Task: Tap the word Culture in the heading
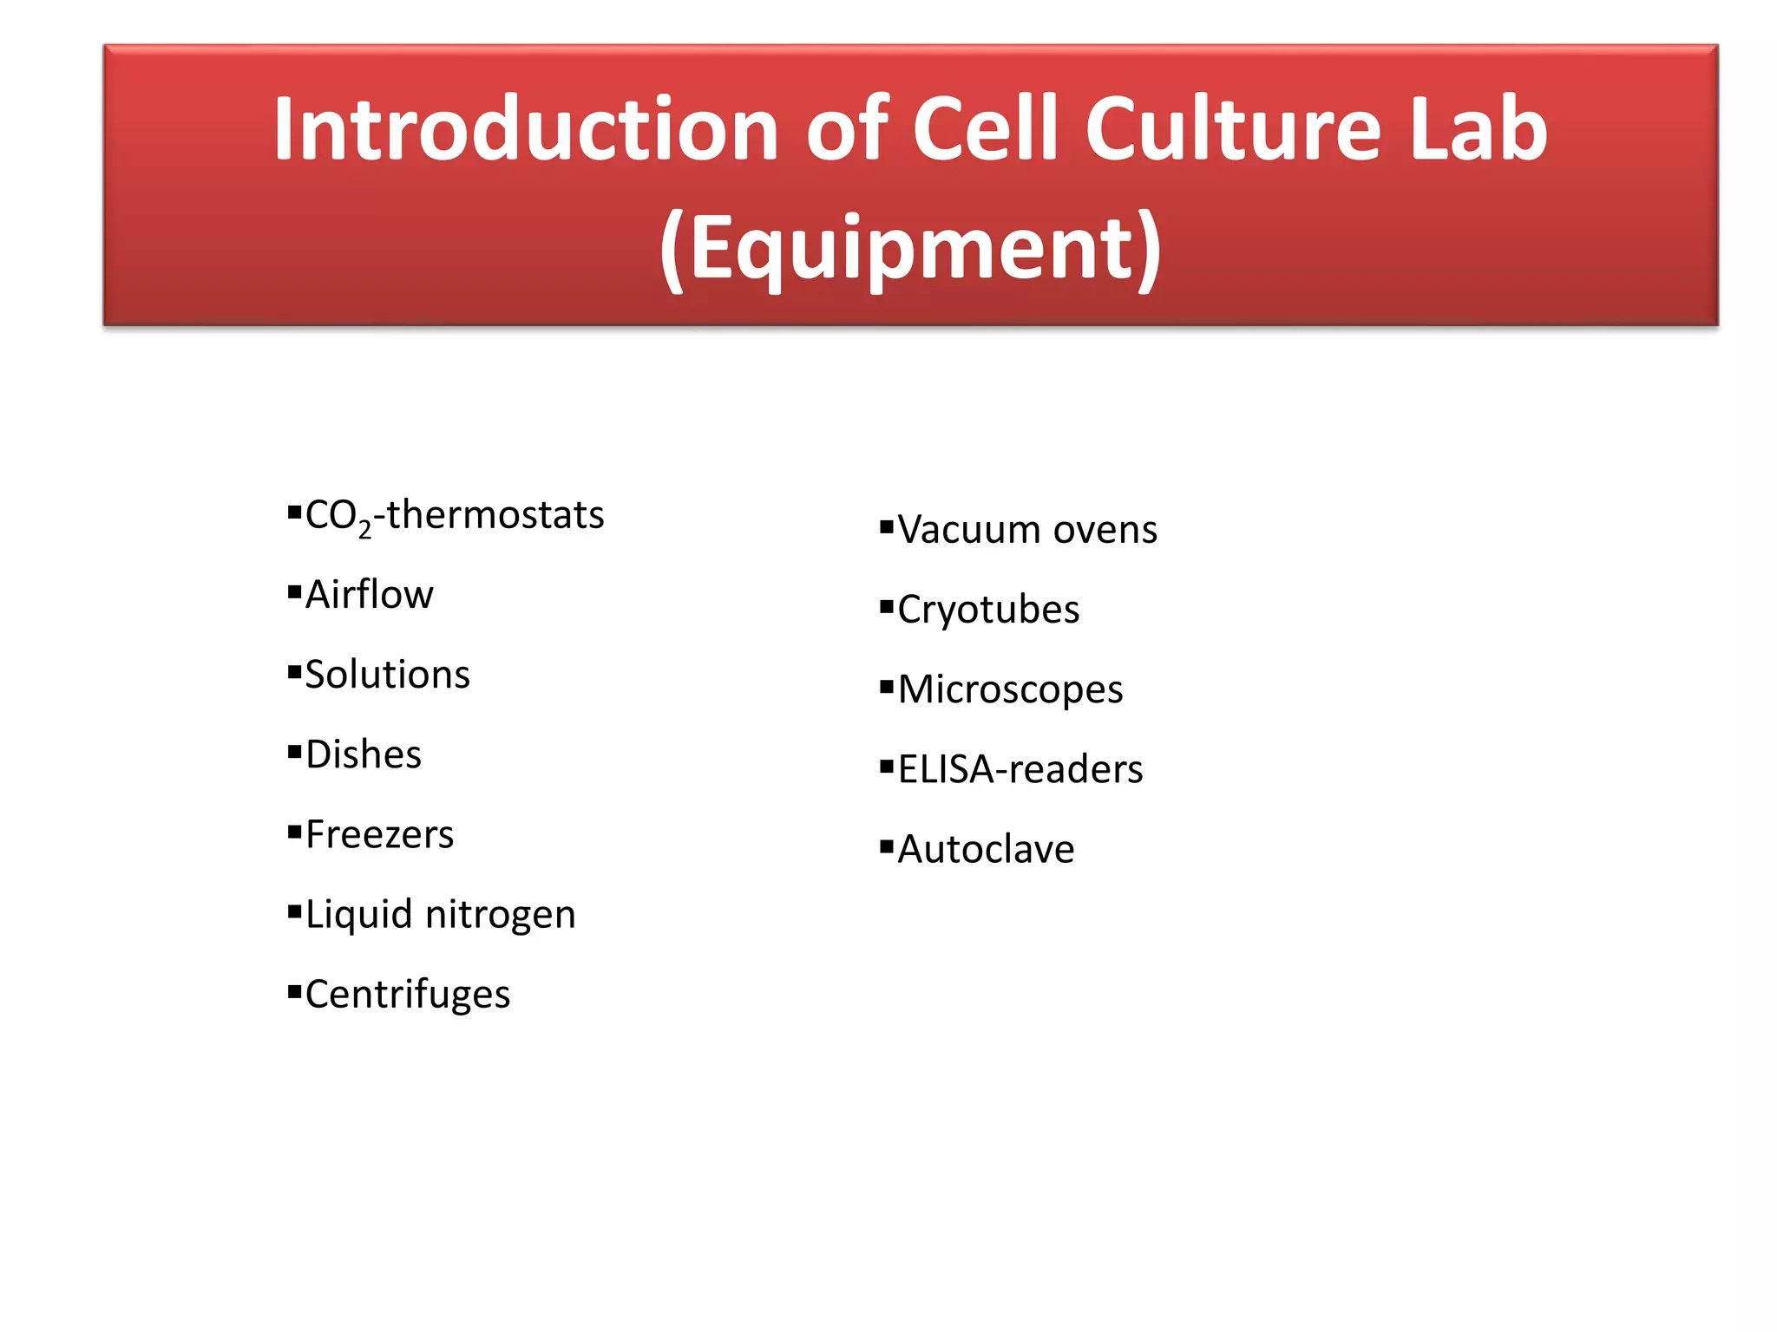point(1232,130)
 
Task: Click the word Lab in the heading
point(1479,130)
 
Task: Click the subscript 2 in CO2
point(365,528)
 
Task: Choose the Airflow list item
point(370,595)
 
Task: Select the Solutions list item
point(387,675)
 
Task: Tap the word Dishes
point(364,754)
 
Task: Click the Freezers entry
point(379,834)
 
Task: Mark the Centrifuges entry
point(408,995)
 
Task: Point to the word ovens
point(1105,530)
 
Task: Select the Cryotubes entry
point(988,610)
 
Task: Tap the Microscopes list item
point(1010,689)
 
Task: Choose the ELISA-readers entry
point(1020,769)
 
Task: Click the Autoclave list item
point(986,849)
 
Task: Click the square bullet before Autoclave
point(886,846)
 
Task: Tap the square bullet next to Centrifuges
point(294,990)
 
